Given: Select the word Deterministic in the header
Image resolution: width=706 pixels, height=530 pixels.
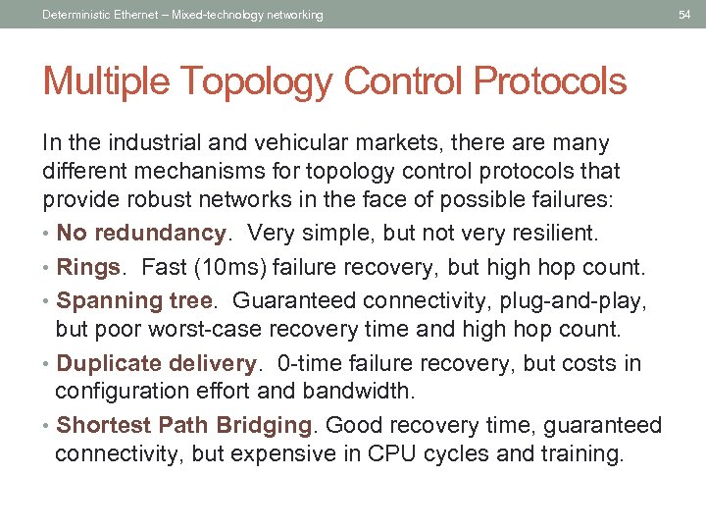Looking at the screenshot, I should [76, 15].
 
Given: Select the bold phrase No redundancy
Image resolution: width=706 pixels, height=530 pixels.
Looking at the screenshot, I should [141, 234].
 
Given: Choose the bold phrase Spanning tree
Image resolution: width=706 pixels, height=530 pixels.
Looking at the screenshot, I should [134, 299].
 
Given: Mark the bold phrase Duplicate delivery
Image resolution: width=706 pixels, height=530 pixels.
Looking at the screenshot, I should [157, 363].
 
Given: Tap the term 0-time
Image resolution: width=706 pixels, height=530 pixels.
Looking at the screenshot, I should [310, 363].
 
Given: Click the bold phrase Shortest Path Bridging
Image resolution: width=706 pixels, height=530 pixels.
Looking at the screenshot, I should [184, 425].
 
